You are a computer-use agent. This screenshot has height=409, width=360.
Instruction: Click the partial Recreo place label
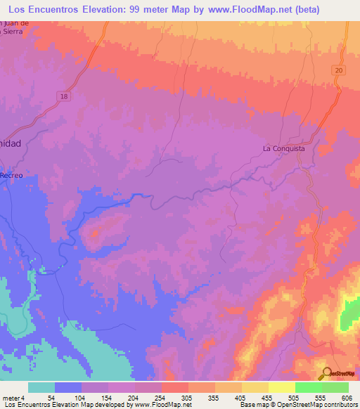pyautogui.click(x=11, y=174)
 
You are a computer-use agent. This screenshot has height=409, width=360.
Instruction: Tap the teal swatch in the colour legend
pyautogui.click(x=41, y=387)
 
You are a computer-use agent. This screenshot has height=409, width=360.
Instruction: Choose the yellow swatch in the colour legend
pyautogui.click(x=281, y=387)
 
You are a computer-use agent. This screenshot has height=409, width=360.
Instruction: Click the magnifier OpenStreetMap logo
pyautogui.click(x=326, y=373)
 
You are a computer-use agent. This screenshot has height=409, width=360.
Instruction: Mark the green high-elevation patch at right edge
pyautogui.click(x=349, y=313)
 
